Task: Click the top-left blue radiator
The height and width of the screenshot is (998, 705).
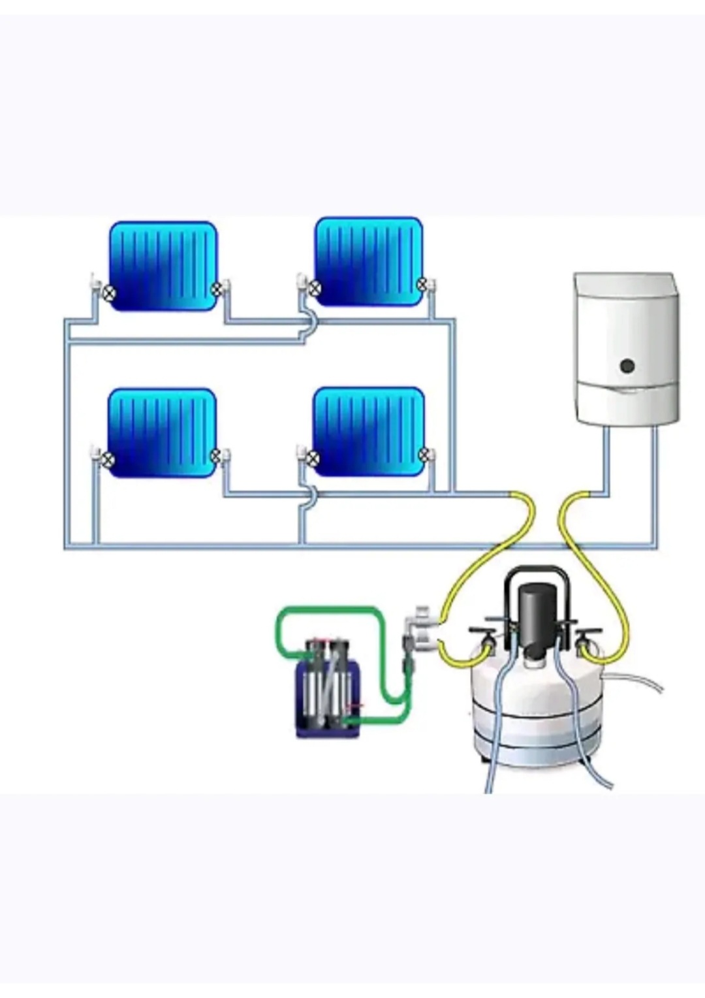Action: coord(163,265)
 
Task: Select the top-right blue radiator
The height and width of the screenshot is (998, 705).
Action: coord(369,261)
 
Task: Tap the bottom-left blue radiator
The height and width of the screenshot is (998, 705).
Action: coord(162,432)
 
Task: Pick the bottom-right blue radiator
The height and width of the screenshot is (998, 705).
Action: coord(369,431)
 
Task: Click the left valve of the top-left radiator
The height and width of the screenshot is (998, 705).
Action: coord(108,293)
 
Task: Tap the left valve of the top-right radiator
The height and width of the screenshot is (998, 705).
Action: coord(315,287)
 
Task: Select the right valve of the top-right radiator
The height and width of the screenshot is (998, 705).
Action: coord(422,284)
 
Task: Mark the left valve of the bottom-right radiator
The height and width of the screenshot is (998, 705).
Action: coord(313,457)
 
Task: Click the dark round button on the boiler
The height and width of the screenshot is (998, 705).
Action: coord(627,366)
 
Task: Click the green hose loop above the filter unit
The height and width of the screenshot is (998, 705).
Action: coord(326,613)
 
